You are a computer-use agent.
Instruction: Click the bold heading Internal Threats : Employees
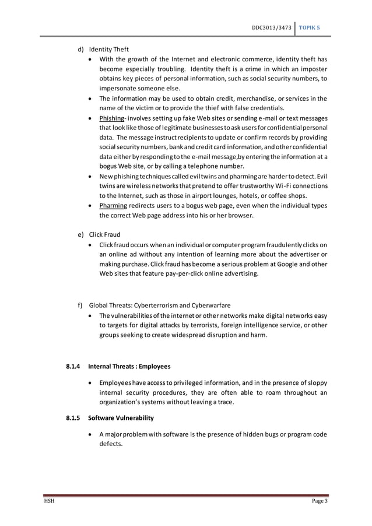tap(129, 366)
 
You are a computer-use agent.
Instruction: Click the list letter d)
tap(82, 49)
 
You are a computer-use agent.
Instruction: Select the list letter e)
tap(82, 234)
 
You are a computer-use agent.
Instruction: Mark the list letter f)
tap(81, 304)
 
